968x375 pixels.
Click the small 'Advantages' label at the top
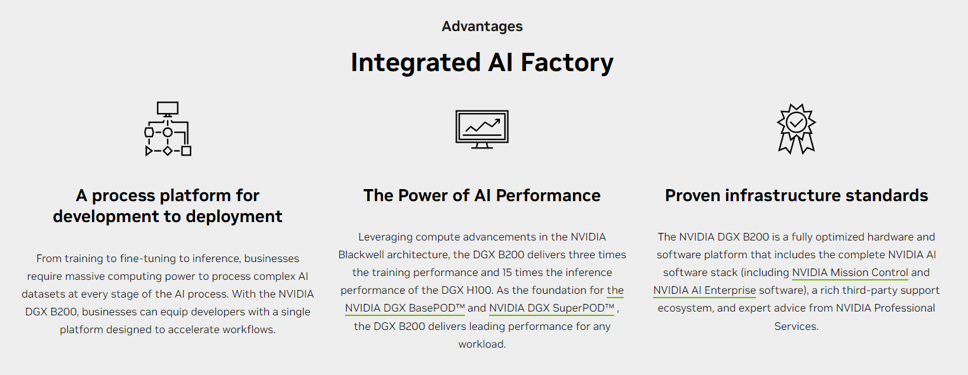pyautogui.click(x=482, y=26)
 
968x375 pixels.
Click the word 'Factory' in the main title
pyautogui.click(x=567, y=63)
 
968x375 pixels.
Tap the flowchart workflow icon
pyautogui.click(x=168, y=129)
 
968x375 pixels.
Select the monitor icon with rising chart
pyautogui.click(x=482, y=129)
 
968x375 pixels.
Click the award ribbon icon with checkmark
pyautogui.click(x=796, y=129)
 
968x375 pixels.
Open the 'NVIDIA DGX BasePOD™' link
pyautogui.click(x=405, y=308)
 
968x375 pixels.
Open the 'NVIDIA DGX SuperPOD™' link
pyautogui.click(x=551, y=308)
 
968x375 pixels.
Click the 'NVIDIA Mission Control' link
pyautogui.click(x=850, y=273)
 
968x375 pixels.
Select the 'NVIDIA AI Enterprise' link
pyautogui.click(x=704, y=291)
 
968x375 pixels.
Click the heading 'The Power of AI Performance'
pyautogui.click(x=482, y=195)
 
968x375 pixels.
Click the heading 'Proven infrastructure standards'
pyautogui.click(x=797, y=195)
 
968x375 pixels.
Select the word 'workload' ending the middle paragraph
pyautogui.click(x=482, y=345)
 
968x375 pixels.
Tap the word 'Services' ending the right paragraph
pyautogui.click(x=796, y=326)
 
